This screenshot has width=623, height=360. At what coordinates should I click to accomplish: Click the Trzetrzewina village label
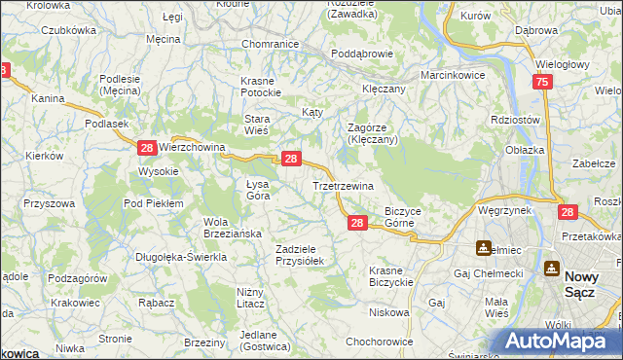tap(343, 185)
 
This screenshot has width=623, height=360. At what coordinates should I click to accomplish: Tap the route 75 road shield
tap(542, 85)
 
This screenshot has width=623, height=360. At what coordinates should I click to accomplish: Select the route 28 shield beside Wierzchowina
tap(146, 148)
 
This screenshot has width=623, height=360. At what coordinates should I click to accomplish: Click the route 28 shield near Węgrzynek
tap(568, 211)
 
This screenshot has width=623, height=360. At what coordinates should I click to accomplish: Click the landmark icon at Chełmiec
tap(484, 247)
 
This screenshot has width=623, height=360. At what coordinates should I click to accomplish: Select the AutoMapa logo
tap(554, 341)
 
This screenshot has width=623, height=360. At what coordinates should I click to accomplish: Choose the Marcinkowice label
tap(454, 75)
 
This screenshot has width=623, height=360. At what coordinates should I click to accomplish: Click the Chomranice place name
tap(269, 45)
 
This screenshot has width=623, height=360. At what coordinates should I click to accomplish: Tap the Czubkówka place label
tap(68, 30)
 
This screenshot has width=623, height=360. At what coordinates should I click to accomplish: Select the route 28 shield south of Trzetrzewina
tap(357, 224)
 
